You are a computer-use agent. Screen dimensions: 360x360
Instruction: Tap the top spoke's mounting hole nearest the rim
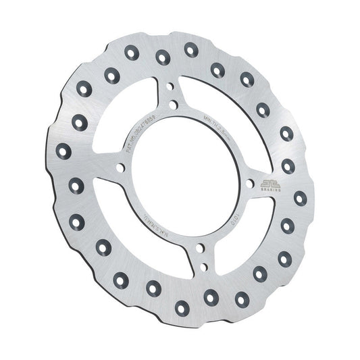170,88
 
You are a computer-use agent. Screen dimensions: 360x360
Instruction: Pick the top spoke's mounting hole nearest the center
174,104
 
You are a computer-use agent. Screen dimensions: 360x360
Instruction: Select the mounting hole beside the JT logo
251,182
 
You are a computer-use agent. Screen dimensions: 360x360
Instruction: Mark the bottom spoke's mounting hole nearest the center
199,249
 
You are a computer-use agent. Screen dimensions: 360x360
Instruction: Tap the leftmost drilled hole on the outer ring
63,151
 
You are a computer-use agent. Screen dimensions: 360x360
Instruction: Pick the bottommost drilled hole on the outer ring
181,308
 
